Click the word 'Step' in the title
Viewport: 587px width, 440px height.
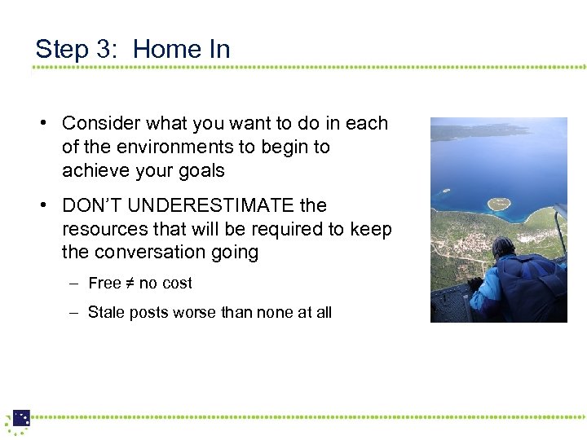pos(62,50)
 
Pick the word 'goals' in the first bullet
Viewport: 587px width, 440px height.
pos(201,171)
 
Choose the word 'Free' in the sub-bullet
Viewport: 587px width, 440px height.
pos(104,284)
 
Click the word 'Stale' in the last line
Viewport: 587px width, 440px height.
pos(106,312)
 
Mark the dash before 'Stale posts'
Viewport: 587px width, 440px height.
pos(73,312)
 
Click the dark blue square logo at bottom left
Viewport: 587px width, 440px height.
pos(21,418)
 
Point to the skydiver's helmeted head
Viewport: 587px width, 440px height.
pos(504,248)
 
